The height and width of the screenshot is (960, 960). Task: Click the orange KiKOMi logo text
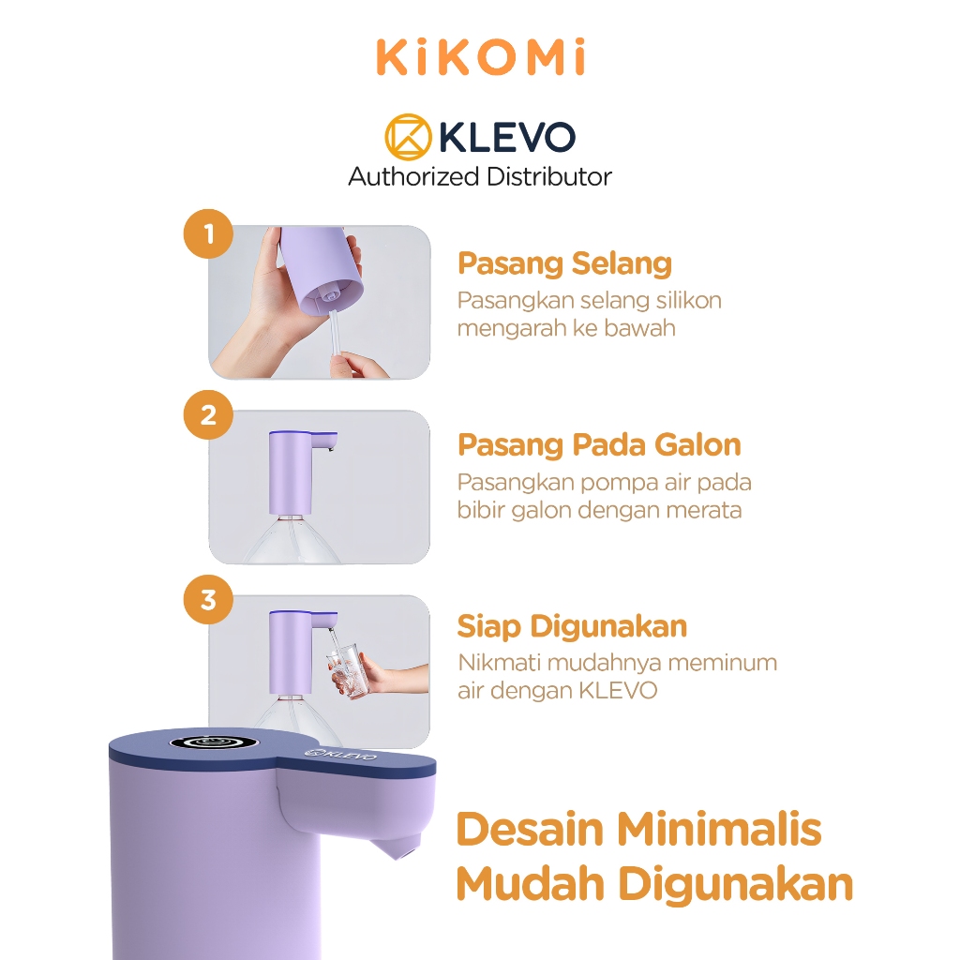pyautogui.click(x=480, y=59)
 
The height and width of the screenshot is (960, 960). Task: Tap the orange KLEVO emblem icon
pyautogui.click(x=408, y=138)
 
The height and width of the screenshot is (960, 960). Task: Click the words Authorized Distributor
pyautogui.click(x=480, y=176)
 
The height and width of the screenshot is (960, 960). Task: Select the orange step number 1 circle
pyautogui.click(x=208, y=232)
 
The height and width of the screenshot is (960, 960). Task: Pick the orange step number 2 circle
pyautogui.click(x=208, y=414)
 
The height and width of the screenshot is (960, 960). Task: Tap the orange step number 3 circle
pyautogui.click(x=208, y=598)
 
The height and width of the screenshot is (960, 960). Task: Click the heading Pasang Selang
pyautogui.click(x=564, y=263)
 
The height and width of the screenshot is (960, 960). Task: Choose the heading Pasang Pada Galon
pyautogui.click(x=599, y=444)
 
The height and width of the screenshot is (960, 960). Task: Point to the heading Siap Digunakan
pyautogui.click(x=572, y=626)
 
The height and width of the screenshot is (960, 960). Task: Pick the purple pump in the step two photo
pyautogui.click(x=289, y=473)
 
